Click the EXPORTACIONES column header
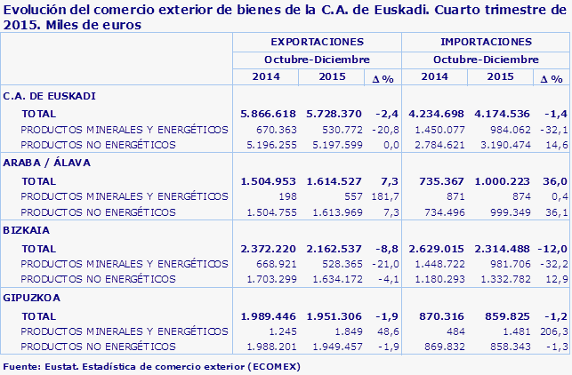(317, 42)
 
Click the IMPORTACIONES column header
(486, 42)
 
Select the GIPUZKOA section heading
(31, 298)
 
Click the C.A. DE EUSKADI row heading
(50, 96)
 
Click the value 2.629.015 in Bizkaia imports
(436, 248)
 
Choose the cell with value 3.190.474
(506, 144)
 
